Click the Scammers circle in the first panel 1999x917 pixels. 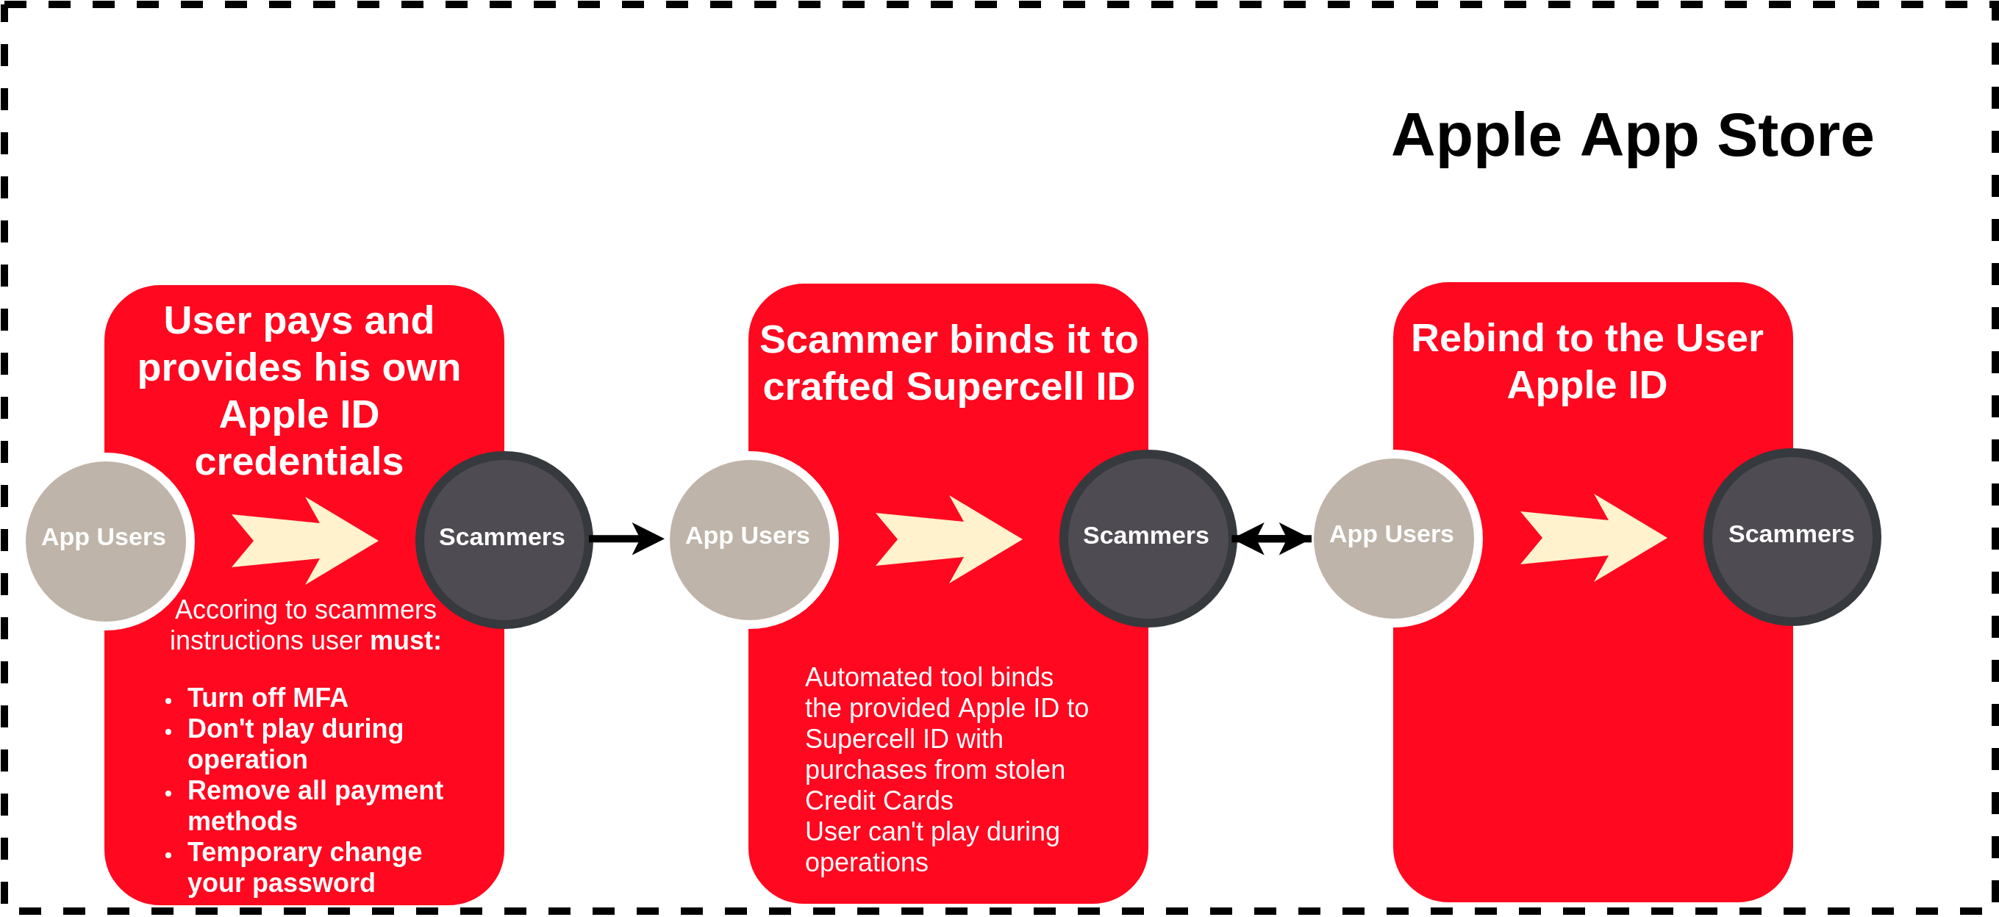pyautogui.click(x=504, y=539)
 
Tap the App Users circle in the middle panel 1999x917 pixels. pyautogui.click(x=750, y=539)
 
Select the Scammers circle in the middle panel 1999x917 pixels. pyautogui.click(x=1148, y=538)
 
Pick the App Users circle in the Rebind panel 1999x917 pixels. pyautogui.click(x=1394, y=538)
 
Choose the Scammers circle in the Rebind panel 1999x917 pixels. pyautogui.click(x=1792, y=536)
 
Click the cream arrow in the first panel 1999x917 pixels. pyautogui.click(x=304, y=540)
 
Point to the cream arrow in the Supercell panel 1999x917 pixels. pyautogui.click(x=948, y=539)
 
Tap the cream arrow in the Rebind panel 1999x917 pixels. pyautogui.click(x=1592, y=537)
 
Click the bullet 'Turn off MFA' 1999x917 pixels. pyautogui.click(x=267, y=697)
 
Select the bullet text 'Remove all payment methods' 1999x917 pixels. pyautogui.click(x=314, y=805)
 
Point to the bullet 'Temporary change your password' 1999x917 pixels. pyautogui.click(x=304, y=867)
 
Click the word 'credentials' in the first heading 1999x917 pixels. pyautogui.click(x=298, y=461)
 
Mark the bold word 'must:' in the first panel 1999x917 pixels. pyautogui.click(x=405, y=641)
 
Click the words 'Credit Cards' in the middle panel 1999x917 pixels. pyautogui.click(x=879, y=801)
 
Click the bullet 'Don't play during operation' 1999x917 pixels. pyautogui.click(x=295, y=743)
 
